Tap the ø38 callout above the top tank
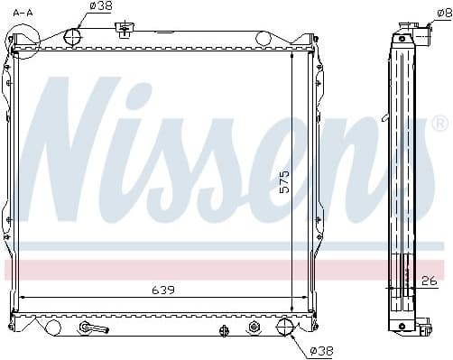pyautogui.click(x=102, y=6)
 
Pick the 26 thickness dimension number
pyautogui.click(x=430, y=282)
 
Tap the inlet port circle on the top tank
pyautogui.click(x=71, y=37)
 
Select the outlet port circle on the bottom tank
pyautogui.click(x=285, y=326)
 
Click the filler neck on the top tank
pyautogui.click(x=124, y=31)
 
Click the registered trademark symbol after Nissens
pyautogui.click(x=439, y=123)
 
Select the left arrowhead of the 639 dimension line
pyautogui.click(x=23, y=299)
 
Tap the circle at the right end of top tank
pyautogui.click(x=263, y=38)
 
